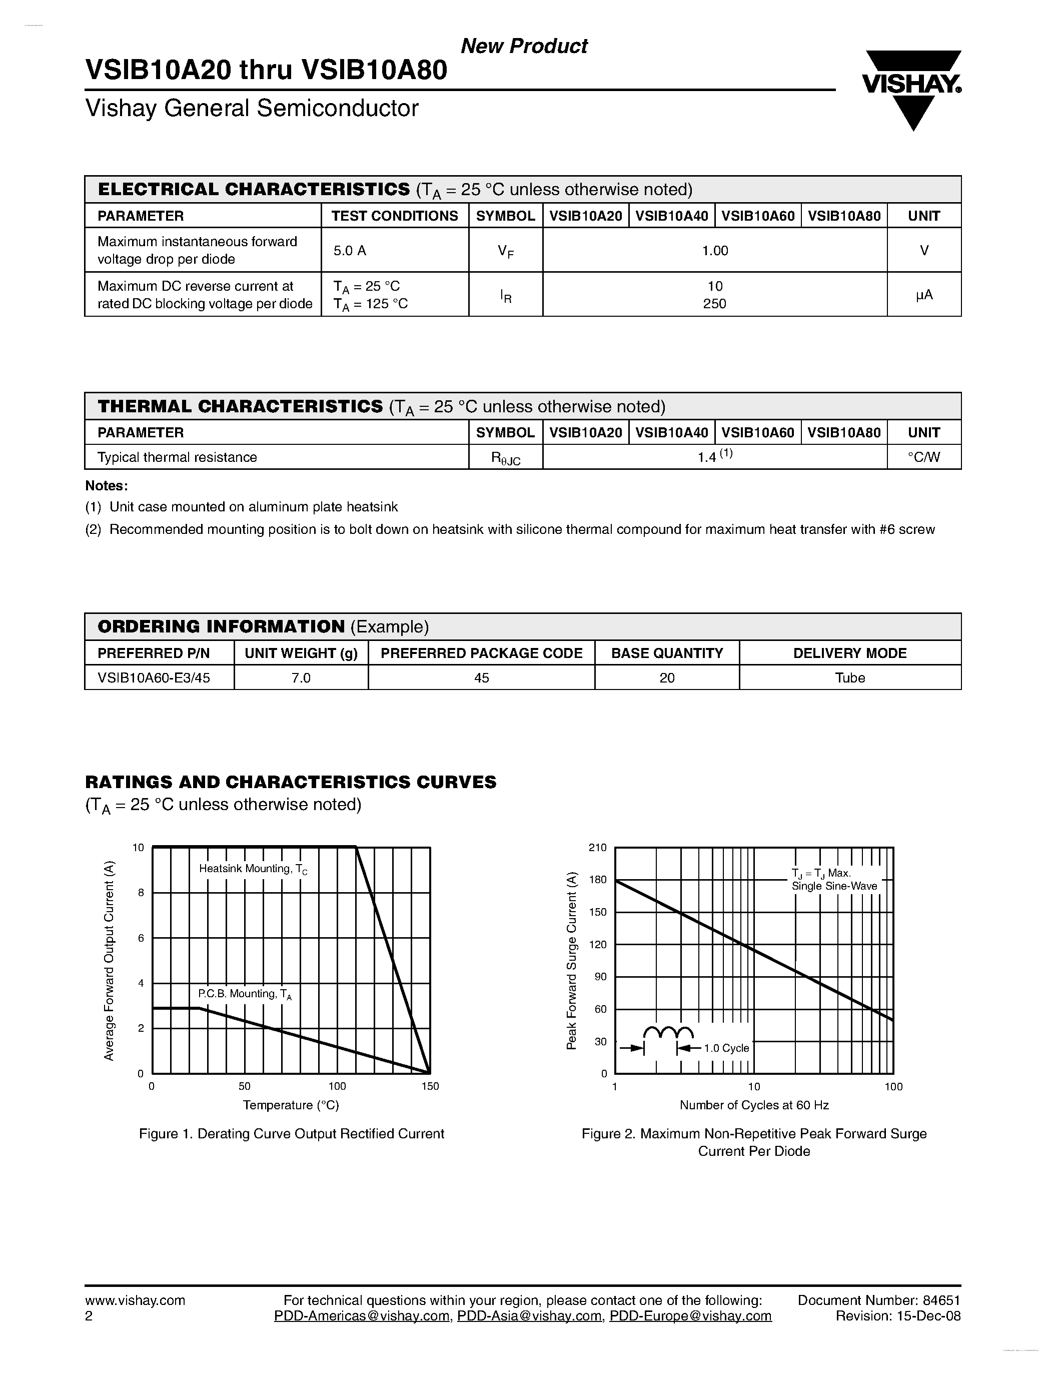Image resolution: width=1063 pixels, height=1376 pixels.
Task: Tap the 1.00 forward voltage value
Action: coord(715,251)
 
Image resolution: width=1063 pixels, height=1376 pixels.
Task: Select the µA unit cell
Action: coord(923,295)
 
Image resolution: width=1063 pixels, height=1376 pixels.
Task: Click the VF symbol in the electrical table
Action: coord(505,251)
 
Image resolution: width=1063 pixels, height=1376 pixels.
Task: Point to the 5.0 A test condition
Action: coord(350,251)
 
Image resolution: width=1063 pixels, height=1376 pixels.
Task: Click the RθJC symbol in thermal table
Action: coord(505,458)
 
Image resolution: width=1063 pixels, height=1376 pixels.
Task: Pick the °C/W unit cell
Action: coord(923,457)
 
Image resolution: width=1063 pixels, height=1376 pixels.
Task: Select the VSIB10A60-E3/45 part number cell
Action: coord(154,678)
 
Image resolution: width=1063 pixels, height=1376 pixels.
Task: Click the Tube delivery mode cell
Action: coord(849,678)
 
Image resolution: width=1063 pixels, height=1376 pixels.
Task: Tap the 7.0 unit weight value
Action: coord(301,678)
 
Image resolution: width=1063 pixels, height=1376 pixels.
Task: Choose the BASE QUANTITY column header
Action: coord(667,653)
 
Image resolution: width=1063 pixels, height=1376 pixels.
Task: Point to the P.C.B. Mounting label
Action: coord(244,994)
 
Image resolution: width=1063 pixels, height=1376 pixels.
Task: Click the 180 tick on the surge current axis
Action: coord(597,880)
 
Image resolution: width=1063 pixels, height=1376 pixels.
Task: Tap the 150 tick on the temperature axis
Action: coord(430,1086)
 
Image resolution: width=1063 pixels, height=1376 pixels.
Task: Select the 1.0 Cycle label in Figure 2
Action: coord(726,1048)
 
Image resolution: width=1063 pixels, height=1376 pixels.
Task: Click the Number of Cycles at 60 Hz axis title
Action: coord(754,1105)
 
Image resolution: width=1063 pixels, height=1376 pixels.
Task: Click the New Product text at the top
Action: coord(524,46)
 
